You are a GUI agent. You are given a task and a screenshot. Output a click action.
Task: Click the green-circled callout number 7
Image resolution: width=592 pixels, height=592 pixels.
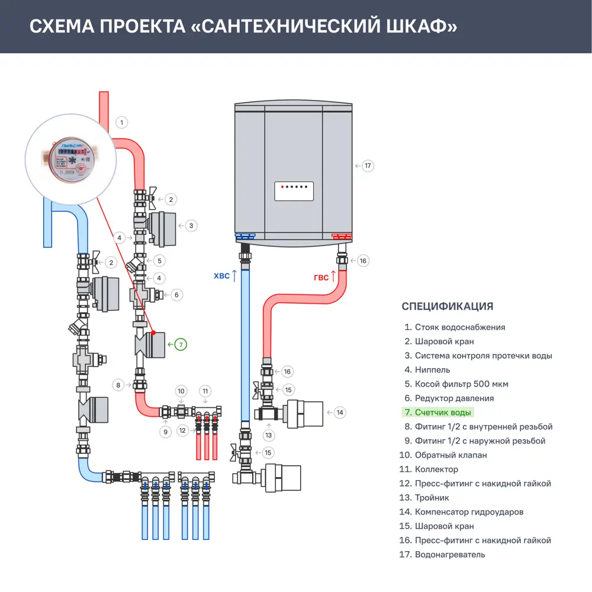point(181,343)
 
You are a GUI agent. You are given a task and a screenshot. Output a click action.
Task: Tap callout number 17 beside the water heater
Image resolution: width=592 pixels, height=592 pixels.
point(368,165)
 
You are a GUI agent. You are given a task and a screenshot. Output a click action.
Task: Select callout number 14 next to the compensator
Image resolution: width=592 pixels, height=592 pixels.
point(339,412)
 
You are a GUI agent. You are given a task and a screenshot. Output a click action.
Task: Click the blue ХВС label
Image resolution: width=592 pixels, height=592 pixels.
point(221,276)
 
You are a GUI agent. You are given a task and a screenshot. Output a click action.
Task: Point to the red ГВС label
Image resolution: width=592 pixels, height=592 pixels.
point(321,276)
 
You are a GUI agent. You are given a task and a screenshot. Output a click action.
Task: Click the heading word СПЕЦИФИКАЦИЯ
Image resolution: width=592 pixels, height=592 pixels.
point(447,306)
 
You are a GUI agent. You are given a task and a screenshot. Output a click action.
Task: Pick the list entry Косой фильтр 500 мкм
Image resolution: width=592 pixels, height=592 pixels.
point(461,384)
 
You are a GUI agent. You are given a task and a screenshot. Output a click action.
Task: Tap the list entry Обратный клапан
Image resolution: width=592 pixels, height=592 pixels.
point(451,455)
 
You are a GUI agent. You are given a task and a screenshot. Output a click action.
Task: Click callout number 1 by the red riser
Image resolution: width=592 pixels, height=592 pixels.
point(121,123)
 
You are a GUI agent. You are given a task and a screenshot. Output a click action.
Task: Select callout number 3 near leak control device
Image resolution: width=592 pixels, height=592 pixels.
point(191,226)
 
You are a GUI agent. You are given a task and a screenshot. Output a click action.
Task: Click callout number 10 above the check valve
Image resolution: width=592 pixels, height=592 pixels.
point(182,391)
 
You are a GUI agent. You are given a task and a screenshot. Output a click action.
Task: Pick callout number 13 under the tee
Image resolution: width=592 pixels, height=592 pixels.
point(269,435)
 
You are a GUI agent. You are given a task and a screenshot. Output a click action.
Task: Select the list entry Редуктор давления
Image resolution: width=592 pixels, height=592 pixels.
point(454,398)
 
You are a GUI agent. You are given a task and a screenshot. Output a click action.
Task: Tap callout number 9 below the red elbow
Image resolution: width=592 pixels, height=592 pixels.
point(166,432)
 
